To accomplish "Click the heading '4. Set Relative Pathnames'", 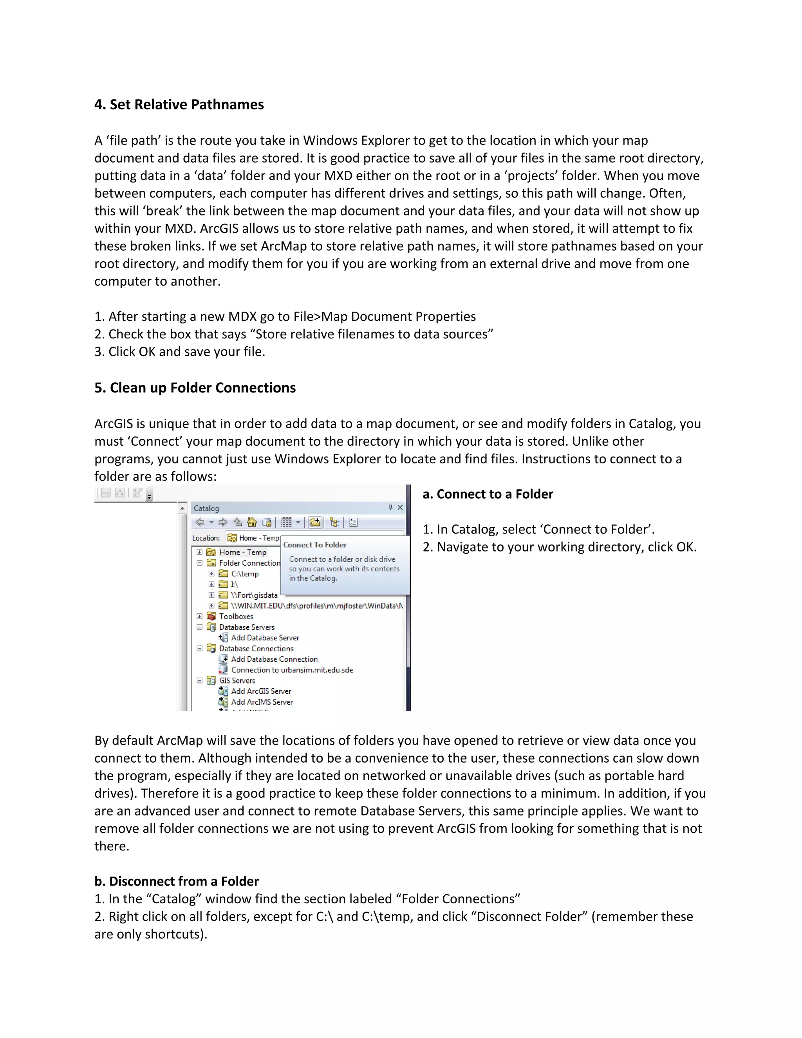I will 179,105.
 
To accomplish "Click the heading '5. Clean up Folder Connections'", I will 195,388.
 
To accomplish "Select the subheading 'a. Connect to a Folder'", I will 488,494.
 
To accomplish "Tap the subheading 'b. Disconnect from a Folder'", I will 176,881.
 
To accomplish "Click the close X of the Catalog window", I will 400,508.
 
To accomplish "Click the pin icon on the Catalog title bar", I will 390,508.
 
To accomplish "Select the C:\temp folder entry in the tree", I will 245,574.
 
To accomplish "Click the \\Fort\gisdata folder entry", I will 254,595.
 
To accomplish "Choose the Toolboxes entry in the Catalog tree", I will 236,617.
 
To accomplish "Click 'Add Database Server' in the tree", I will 265,638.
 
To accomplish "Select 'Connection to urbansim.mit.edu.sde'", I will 292,670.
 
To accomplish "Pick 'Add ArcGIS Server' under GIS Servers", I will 260,691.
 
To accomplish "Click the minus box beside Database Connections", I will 200,648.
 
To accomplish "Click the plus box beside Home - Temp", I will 200,552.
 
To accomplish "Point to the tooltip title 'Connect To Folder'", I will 314,545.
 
